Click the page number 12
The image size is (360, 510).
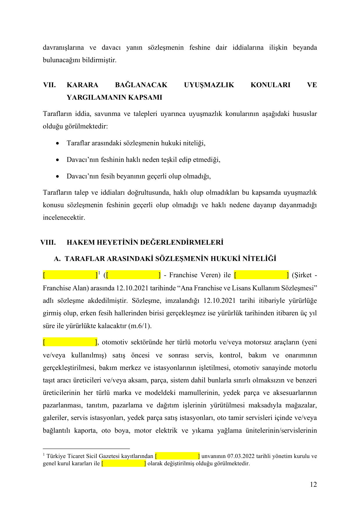313,484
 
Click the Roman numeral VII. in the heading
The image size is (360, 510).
49,85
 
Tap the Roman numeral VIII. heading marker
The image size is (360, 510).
48,242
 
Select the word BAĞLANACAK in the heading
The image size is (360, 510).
141,85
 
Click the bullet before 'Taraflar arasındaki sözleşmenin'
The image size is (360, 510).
58,143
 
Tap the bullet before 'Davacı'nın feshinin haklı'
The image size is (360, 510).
58,160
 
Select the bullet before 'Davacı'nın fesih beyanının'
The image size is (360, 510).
58,176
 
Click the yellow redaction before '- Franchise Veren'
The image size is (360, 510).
134,275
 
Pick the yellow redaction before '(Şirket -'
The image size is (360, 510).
261,275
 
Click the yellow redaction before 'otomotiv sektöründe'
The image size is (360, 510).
70,342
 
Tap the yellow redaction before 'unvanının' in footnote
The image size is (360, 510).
177,456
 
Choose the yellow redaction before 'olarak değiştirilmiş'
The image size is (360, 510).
124,463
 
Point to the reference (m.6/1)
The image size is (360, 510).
140,326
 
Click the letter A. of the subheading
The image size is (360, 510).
57,259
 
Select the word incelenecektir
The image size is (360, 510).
64,217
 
